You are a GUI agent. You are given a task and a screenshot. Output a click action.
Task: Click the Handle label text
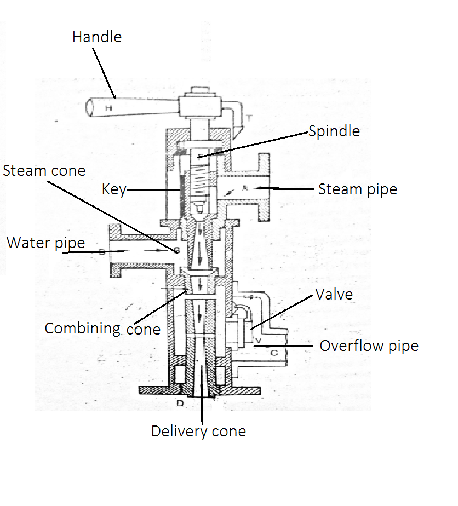pyautogui.click(x=97, y=37)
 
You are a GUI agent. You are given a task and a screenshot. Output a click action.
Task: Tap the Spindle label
pyautogui.click(x=334, y=131)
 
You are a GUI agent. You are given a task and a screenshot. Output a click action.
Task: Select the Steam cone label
pyautogui.click(x=44, y=171)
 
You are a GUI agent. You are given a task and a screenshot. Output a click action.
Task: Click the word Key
pyautogui.click(x=114, y=190)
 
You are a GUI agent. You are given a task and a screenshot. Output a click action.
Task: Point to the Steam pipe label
pyautogui.click(x=358, y=189)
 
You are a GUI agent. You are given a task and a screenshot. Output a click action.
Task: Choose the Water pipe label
pyautogui.click(x=46, y=243)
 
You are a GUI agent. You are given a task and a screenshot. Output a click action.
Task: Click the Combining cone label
pyautogui.click(x=102, y=329)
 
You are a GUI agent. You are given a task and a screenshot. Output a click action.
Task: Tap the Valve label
pyautogui.click(x=334, y=295)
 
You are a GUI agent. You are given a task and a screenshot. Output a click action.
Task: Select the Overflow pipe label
pyautogui.click(x=369, y=346)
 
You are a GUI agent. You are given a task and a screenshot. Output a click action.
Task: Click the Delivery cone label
pyautogui.click(x=198, y=432)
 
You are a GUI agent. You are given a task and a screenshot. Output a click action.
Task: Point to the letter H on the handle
pyautogui.click(x=108, y=108)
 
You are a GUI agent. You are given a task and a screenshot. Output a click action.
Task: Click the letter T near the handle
pyautogui.click(x=249, y=117)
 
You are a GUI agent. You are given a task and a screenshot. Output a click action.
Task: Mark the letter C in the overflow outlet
pyautogui.click(x=275, y=353)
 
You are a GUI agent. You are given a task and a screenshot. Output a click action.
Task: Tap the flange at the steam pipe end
pyautogui.click(x=264, y=188)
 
